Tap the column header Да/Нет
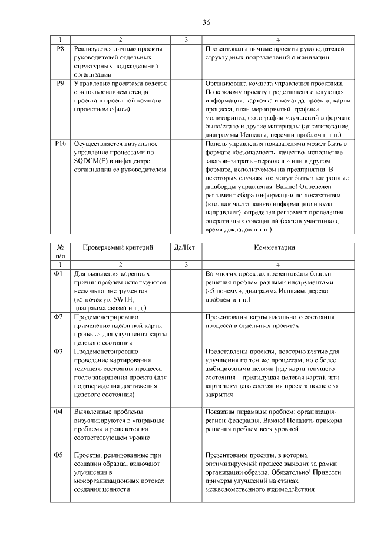click(x=185, y=248)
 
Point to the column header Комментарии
click(x=279, y=248)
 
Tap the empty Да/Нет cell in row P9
click(x=185, y=109)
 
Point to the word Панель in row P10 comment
click(x=217, y=144)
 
